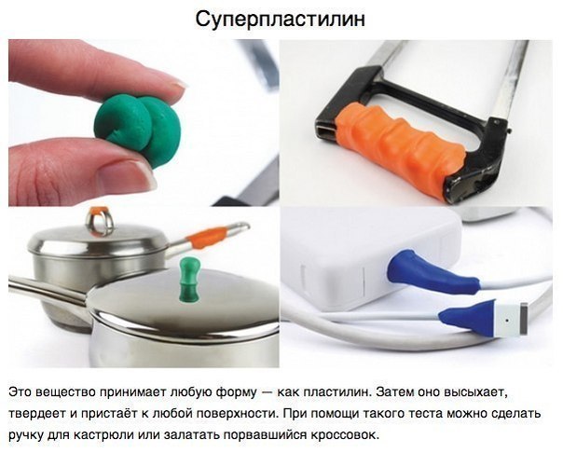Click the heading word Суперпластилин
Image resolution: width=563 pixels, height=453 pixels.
(x=281, y=19)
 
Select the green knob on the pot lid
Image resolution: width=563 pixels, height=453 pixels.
(x=189, y=278)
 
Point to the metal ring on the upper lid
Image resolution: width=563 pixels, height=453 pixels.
(x=100, y=224)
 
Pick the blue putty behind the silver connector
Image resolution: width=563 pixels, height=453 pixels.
(x=468, y=317)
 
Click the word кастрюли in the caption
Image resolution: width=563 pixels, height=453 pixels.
(x=103, y=435)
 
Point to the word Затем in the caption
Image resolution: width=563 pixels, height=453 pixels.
(x=394, y=392)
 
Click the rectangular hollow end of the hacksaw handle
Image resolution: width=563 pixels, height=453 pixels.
(x=326, y=130)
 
